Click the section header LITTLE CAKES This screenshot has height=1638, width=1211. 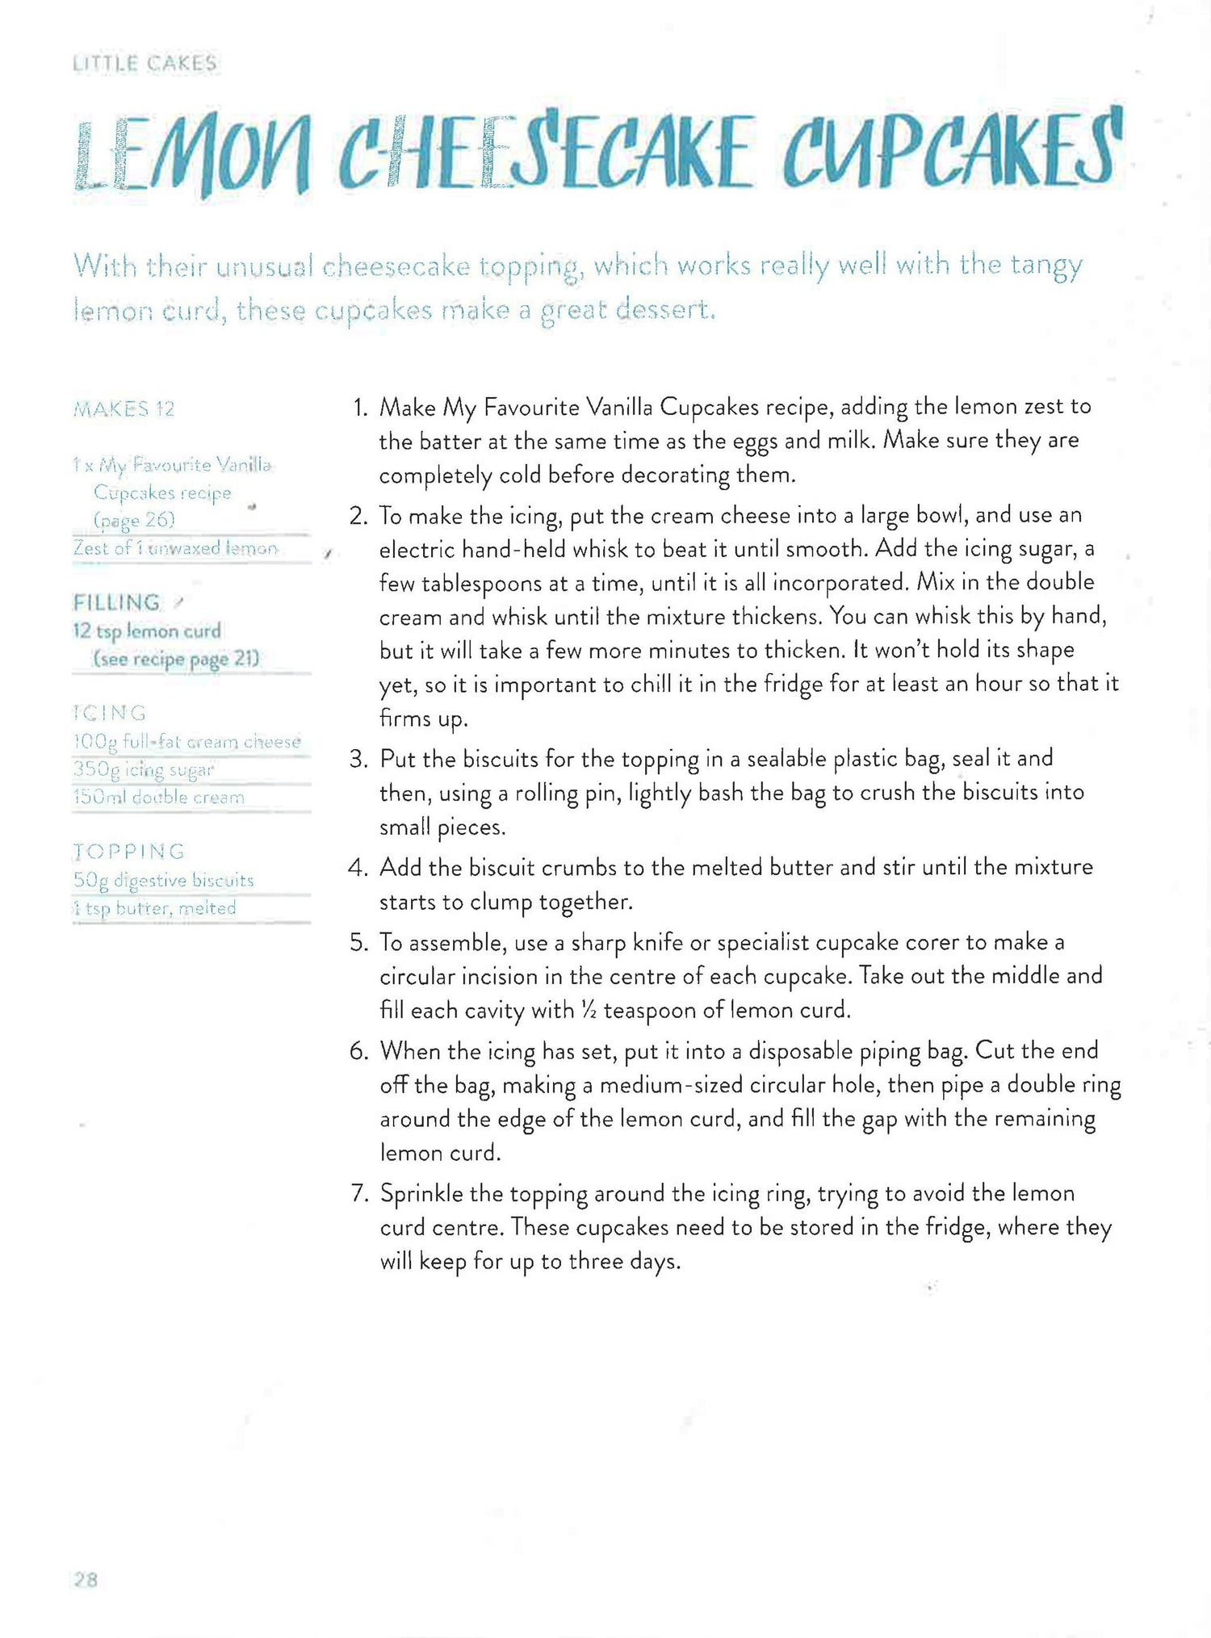point(145,64)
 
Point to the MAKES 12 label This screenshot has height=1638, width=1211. point(124,409)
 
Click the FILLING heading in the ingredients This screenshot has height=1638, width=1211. point(116,603)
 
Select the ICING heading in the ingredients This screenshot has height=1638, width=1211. point(110,714)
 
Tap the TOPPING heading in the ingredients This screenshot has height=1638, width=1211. point(129,852)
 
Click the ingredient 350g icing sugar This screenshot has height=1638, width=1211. point(144,769)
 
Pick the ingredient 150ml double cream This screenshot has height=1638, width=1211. point(158,798)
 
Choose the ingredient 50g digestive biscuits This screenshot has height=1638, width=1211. point(163,880)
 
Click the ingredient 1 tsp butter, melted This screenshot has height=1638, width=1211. point(154,908)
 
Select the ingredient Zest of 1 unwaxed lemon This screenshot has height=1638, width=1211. point(175,548)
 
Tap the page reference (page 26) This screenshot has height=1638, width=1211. point(134,520)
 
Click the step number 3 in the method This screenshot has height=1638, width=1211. point(358,759)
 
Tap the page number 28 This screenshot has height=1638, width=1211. point(86,1580)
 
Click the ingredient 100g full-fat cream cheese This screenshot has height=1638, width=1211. point(186,742)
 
